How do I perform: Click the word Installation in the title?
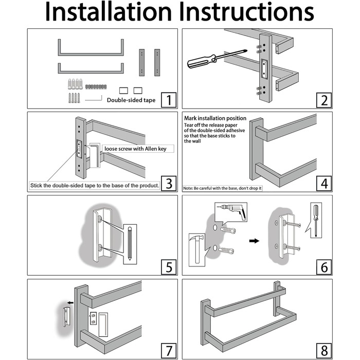pos(109,12)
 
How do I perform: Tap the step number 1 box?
pos(169,100)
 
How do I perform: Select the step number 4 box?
pos(324,184)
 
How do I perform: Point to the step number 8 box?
pos(324,351)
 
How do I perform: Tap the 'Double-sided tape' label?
pos(131,100)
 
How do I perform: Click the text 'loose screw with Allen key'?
pos(135,149)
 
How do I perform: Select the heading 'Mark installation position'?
pos(215,118)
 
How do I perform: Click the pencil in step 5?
pos(130,243)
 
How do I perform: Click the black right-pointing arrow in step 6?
pos(254,241)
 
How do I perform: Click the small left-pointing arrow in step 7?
pos(70,302)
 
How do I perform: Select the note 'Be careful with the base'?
pos(222,188)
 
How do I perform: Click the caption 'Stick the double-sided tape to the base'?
pos(95,185)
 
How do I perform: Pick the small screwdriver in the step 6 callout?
pos(316,220)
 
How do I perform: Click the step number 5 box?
pos(169,267)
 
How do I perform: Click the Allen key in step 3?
pos(95,155)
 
